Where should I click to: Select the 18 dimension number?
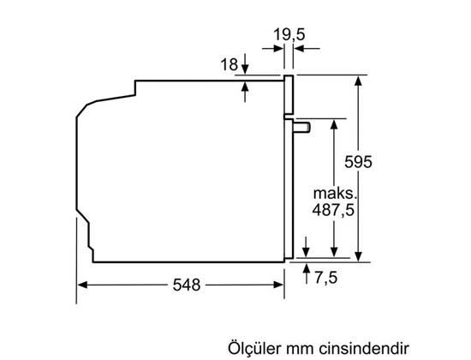[227, 65]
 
